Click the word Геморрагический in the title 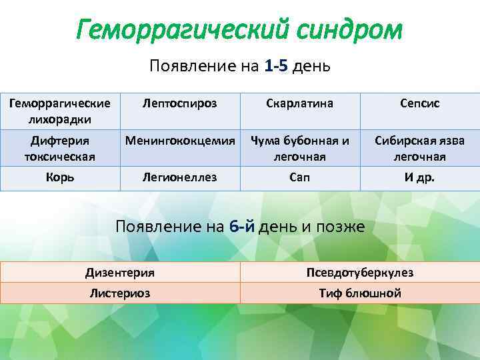click(x=171, y=30)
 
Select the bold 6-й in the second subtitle click(x=241, y=226)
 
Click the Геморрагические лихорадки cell click(x=60, y=111)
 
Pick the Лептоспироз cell click(x=180, y=104)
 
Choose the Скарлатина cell click(x=300, y=104)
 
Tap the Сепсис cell click(x=420, y=104)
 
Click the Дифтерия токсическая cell click(x=60, y=149)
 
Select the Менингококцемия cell click(x=180, y=141)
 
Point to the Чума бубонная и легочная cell click(x=300, y=149)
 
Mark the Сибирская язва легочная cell click(x=420, y=149)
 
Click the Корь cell click(x=60, y=178)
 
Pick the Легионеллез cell click(x=180, y=178)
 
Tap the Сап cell click(x=300, y=178)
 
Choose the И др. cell click(x=420, y=178)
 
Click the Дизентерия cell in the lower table click(x=120, y=272)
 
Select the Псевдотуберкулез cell click(x=360, y=272)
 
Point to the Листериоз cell click(x=120, y=293)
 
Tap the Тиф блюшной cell click(x=360, y=293)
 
